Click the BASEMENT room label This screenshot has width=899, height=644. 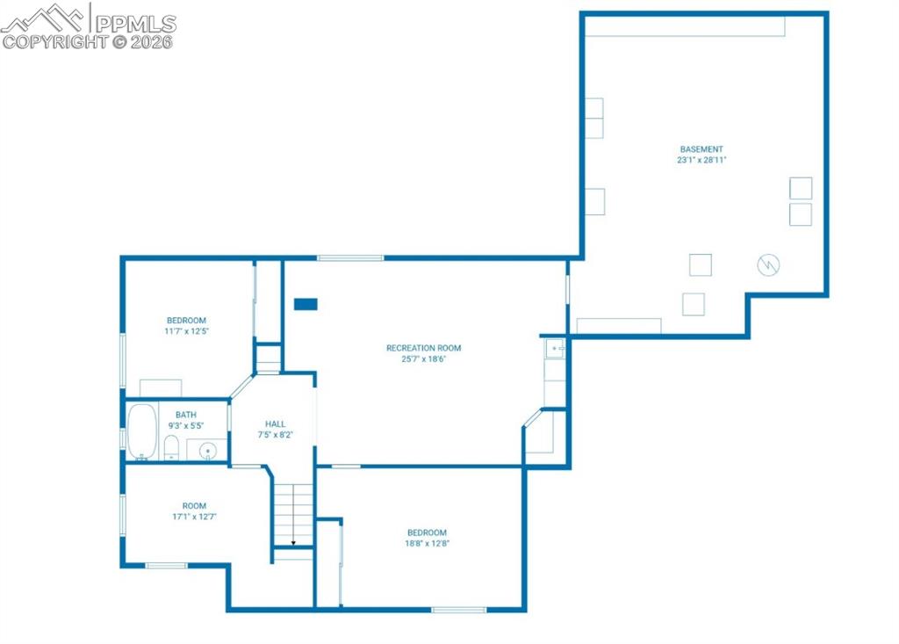coord(701,149)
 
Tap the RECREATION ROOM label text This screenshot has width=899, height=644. coord(423,348)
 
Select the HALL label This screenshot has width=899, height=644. coord(275,423)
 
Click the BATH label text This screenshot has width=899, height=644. coord(186,415)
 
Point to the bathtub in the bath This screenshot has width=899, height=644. coord(142,431)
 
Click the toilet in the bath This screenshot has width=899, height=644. coord(171,447)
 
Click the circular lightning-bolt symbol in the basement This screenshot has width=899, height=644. coord(769,264)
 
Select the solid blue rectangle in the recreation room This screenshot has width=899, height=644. coord(306,304)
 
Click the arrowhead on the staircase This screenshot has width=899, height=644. coord(293,543)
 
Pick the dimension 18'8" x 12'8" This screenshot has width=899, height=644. coord(427,544)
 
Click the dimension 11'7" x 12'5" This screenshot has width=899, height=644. coord(186,332)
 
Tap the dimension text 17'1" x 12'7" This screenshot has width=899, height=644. coord(194,517)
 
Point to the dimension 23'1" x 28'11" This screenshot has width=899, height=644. coord(701,161)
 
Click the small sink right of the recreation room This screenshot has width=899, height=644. coord(555,349)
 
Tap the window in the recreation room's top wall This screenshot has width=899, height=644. coord(350,257)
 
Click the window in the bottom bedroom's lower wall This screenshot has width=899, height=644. coord(458,610)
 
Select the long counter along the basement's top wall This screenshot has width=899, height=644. coord(685,26)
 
